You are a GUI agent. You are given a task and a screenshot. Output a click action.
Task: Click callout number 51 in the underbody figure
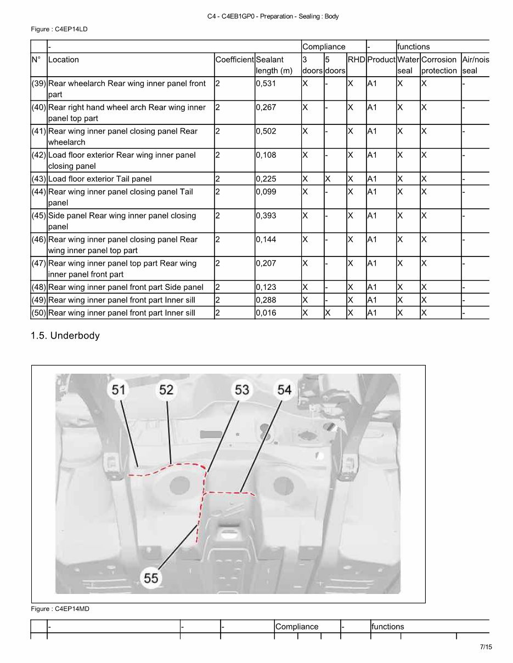(x=119, y=390)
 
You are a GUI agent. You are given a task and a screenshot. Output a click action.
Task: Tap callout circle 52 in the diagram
(x=166, y=390)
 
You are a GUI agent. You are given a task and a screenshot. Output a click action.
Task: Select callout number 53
(x=242, y=390)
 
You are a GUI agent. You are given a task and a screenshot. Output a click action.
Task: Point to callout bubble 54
(x=284, y=390)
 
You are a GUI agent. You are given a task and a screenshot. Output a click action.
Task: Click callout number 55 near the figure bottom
(x=151, y=578)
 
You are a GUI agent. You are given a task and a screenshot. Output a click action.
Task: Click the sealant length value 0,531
(x=266, y=84)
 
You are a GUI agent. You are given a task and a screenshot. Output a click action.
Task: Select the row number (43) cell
(x=39, y=179)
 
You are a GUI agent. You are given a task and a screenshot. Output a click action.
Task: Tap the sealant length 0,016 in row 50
(x=266, y=313)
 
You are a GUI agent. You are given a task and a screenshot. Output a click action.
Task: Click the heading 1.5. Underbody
(x=65, y=335)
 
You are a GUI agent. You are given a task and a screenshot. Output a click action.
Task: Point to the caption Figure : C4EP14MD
(x=60, y=609)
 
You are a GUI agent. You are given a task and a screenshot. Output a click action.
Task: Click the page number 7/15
(x=486, y=647)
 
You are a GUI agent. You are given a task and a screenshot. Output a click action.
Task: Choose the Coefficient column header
(x=235, y=60)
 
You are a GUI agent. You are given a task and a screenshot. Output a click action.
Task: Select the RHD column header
(x=356, y=60)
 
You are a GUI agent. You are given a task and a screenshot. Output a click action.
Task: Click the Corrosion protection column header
(x=439, y=65)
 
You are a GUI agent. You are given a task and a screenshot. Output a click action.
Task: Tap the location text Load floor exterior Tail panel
(x=100, y=179)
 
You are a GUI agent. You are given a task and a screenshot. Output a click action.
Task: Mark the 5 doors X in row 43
(x=328, y=179)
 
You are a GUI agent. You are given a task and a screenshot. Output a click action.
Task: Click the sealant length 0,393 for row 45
(x=266, y=216)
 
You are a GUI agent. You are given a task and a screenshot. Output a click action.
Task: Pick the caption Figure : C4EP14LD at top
(x=59, y=29)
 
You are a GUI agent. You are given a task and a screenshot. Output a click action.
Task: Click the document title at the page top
(x=273, y=16)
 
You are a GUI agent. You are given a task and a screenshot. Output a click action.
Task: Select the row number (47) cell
(x=39, y=264)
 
